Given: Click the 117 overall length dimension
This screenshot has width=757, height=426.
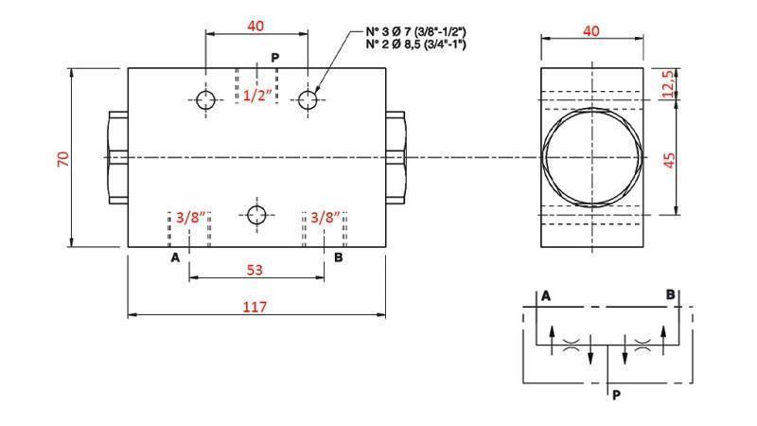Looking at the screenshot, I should coord(255,307).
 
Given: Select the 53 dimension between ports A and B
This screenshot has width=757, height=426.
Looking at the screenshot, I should coord(255,270).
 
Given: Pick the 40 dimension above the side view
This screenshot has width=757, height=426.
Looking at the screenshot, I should coord(591,31).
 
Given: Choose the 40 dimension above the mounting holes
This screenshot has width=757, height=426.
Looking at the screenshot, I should coord(255,26).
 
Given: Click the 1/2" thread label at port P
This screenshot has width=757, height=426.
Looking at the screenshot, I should coord(256,95).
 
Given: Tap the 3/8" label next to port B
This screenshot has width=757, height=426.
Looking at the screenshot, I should coord(325,217).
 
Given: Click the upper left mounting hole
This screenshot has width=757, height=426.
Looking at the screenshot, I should coord(206,98).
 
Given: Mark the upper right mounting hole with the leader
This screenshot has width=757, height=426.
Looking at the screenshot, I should coord(307,98).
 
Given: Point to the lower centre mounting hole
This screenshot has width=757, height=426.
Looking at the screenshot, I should coord(256,213).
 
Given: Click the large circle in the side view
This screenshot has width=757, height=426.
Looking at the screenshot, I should coord(590,157).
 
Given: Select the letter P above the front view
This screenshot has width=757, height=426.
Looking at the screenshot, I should coord(274,58).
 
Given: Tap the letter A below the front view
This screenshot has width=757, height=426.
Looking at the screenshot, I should coord(174,257).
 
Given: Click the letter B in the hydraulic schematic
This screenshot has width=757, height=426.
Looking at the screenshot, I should coord(670,294).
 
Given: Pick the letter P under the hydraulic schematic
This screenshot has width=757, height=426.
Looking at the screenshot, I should coord(615,396).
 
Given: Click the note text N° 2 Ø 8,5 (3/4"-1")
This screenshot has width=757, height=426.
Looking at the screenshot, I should coord(415,44).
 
